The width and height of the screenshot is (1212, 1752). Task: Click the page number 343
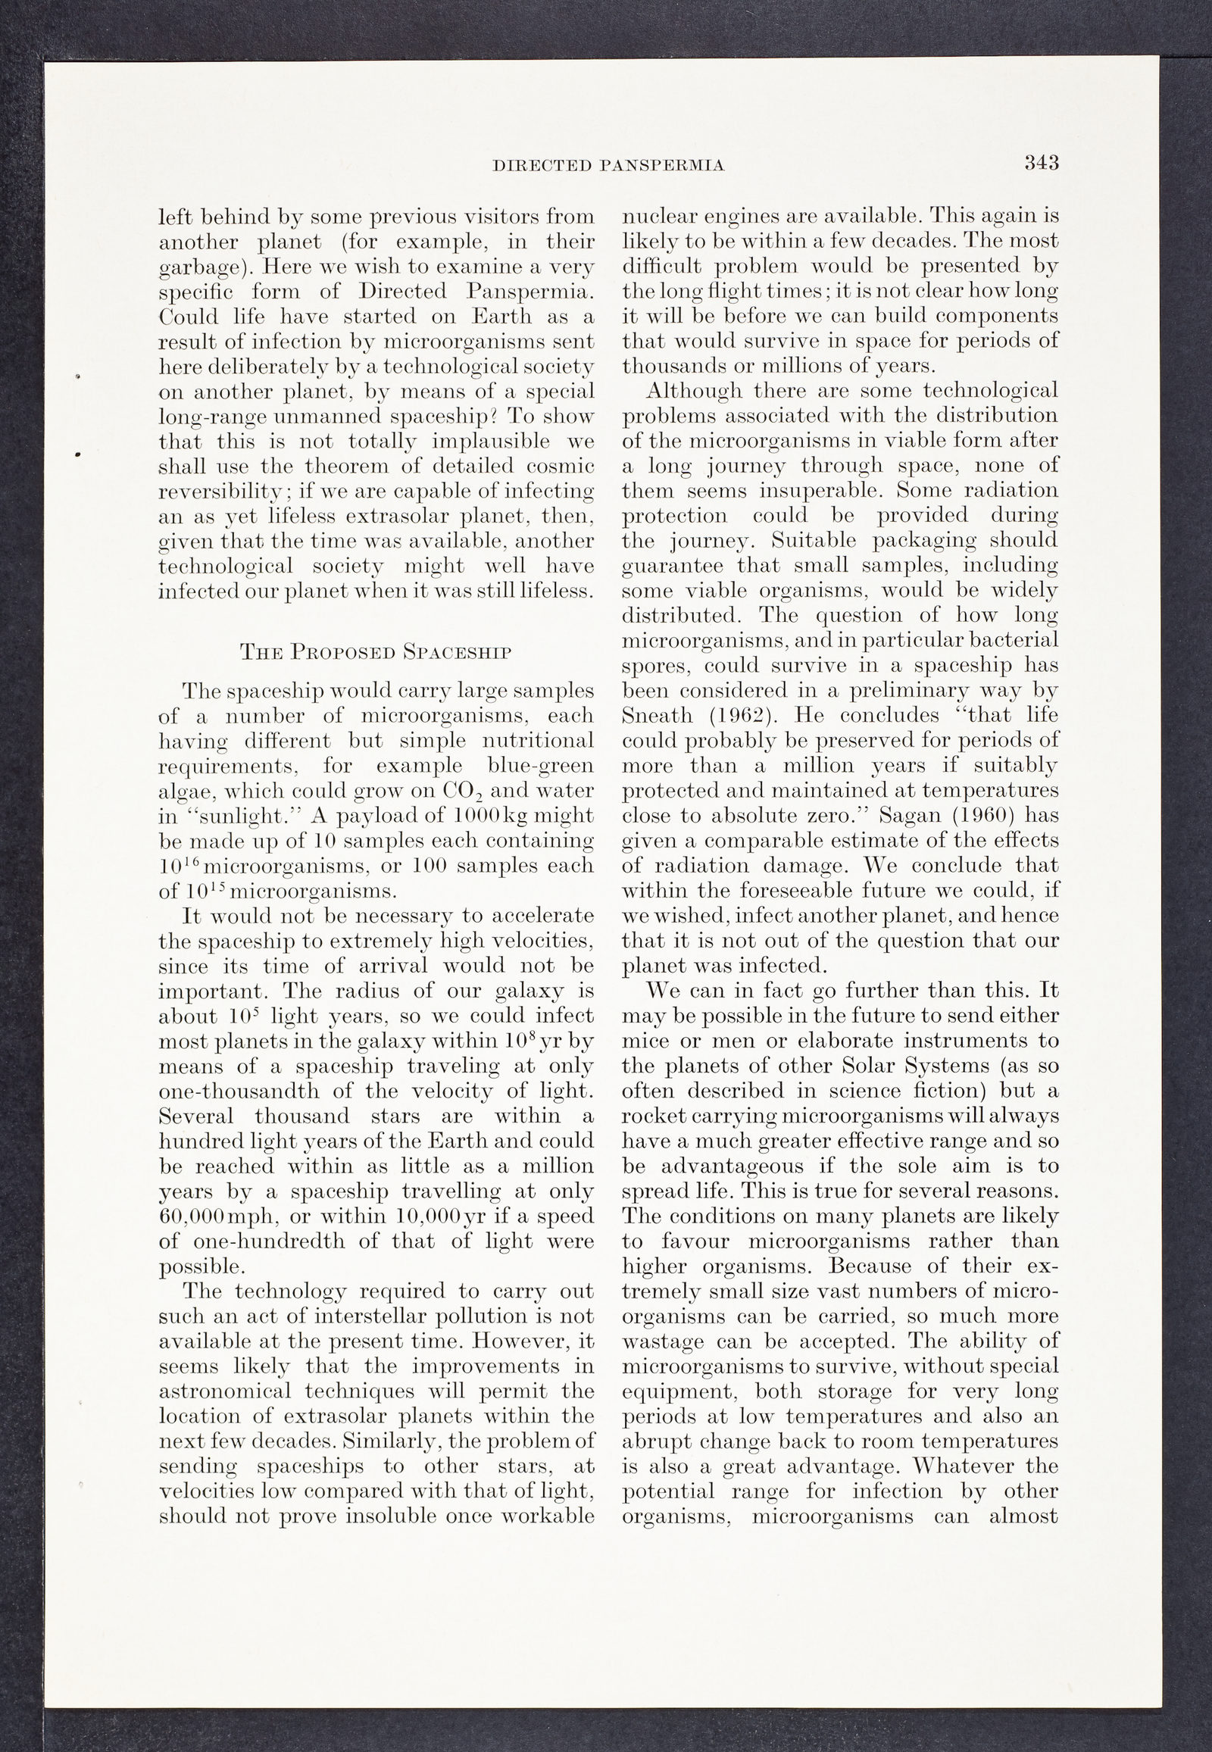coord(1041,164)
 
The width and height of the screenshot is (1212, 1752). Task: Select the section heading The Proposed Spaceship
coord(375,651)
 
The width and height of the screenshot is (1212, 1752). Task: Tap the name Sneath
coord(658,715)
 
